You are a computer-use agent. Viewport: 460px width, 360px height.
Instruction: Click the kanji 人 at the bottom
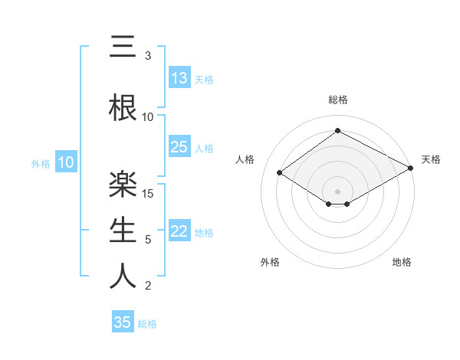pyautogui.click(x=123, y=275)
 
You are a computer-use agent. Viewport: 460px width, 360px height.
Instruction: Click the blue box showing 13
pyautogui.click(x=179, y=77)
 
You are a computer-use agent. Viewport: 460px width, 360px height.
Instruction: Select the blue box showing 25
pyautogui.click(x=179, y=147)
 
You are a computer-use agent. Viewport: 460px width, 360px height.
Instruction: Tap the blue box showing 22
pyautogui.click(x=179, y=231)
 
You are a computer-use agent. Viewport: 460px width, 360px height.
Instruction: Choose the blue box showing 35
pyautogui.click(x=123, y=322)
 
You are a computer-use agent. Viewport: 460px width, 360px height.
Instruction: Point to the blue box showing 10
pyautogui.click(x=66, y=162)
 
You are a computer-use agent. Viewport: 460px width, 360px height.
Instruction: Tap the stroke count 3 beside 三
pyautogui.click(x=148, y=56)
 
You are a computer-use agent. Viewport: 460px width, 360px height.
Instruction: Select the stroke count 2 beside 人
pyautogui.click(x=148, y=286)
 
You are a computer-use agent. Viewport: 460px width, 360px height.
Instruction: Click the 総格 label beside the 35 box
pyautogui.click(x=147, y=324)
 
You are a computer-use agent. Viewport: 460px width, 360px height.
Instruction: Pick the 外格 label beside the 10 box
pyautogui.click(x=41, y=163)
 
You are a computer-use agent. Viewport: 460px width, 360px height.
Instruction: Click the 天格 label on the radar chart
pyautogui.click(x=431, y=159)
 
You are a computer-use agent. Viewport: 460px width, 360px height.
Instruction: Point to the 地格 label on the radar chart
pyautogui.click(x=402, y=262)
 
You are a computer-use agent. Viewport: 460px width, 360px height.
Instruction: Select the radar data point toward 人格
pyautogui.click(x=280, y=173)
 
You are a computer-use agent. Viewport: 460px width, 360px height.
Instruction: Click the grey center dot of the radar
pyautogui.click(x=337, y=190)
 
